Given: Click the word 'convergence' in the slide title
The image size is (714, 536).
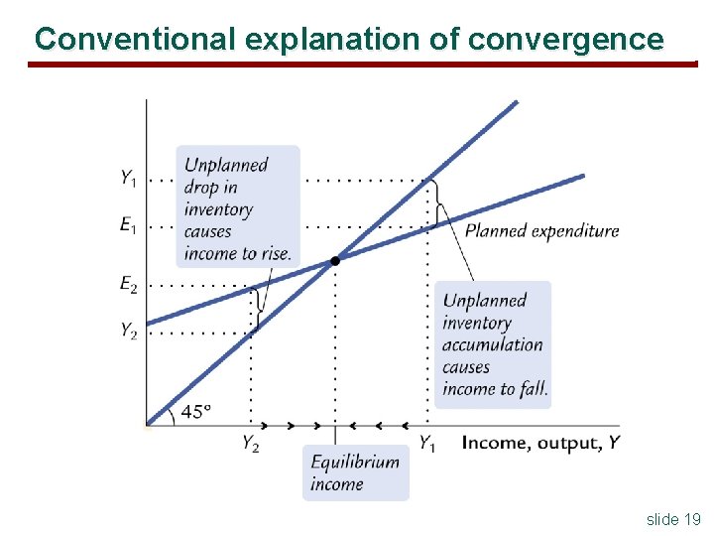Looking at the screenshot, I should (x=565, y=39).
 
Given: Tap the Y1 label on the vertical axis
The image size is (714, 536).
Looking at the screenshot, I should (x=129, y=179).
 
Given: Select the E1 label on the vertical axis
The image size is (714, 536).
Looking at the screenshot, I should (x=129, y=225).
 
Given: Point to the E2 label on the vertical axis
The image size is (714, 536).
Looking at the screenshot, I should (x=129, y=285).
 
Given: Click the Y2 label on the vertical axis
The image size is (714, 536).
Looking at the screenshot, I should (x=129, y=331).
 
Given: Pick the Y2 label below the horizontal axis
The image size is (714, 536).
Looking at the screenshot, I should (x=251, y=444).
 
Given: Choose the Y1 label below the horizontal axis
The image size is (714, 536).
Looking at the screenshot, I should (x=426, y=444).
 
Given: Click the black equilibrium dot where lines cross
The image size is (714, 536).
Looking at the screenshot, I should (x=335, y=260).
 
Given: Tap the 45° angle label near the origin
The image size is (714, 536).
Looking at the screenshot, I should (x=195, y=411).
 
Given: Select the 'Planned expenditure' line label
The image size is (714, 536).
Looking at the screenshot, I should (x=541, y=231).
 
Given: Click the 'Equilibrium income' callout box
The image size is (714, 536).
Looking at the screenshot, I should (x=355, y=472).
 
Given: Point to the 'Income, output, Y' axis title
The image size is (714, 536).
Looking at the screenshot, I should (x=540, y=443).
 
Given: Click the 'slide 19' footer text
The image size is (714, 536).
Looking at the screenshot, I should (x=673, y=519).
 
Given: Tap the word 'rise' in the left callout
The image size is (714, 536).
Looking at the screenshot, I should (x=275, y=253).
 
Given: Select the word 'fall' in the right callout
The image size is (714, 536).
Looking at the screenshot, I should (x=533, y=389).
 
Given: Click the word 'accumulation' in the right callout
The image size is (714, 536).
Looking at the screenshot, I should (x=493, y=344).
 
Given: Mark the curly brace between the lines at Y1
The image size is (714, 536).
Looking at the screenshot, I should (x=439, y=204).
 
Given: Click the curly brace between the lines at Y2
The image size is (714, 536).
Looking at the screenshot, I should (x=258, y=308).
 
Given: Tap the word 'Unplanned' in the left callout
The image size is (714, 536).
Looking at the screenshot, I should (x=226, y=165).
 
